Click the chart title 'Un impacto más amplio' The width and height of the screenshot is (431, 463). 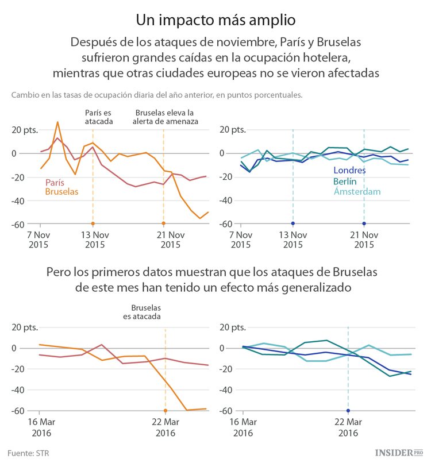click(215, 20)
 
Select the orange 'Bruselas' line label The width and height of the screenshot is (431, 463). click(61, 191)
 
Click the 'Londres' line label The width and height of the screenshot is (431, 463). click(349, 171)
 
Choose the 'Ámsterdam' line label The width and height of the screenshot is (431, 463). click(357, 191)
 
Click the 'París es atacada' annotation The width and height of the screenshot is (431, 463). click(99, 117)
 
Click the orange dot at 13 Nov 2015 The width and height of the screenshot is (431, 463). click(93, 223)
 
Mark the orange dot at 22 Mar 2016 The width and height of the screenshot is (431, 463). click(166, 411)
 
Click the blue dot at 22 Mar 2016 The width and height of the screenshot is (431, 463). click(348, 411)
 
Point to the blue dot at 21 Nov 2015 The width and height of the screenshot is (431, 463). click(364, 223)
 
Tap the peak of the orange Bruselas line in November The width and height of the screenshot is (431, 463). click(57, 122)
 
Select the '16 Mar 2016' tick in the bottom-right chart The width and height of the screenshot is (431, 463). click(243, 427)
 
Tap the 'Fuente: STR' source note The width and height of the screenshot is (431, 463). click(28, 453)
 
